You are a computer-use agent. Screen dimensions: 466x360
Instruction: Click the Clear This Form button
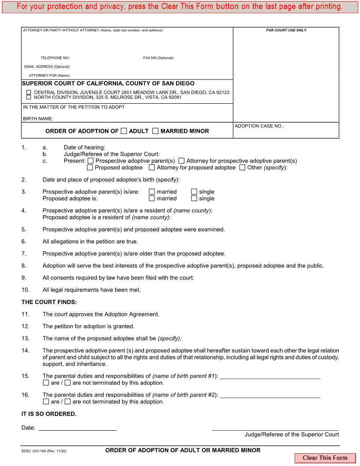(x=325, y=458)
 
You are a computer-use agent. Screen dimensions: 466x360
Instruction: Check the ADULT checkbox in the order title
(x=124, y=131)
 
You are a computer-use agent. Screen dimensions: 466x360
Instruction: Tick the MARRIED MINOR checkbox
(x=155, y=131)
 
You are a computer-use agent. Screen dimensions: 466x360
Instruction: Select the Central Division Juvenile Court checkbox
(x=29, y=92)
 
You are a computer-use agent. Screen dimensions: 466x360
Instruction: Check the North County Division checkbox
(x=29, y=97)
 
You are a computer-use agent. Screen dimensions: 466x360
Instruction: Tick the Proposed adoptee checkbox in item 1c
(x=90, y=168)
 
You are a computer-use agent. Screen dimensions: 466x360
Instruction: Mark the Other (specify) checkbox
(x=242, y=168)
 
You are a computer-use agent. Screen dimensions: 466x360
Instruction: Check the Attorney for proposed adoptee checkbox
(x=152, y=168)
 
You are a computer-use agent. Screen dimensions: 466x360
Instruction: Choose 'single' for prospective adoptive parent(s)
(x=194, y=192)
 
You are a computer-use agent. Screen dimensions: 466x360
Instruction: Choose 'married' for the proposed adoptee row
(x=152, y=199)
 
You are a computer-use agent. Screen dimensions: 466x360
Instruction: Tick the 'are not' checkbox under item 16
(x=67, y=402)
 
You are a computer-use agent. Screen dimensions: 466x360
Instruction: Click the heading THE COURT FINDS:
(x=49, y=302)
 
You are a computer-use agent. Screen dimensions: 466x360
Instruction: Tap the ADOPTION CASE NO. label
(x=259, y=126)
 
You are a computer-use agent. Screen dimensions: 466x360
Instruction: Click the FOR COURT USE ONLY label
(x=286, y=30)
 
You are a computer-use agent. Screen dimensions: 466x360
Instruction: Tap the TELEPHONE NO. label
(x=56, y=58)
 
